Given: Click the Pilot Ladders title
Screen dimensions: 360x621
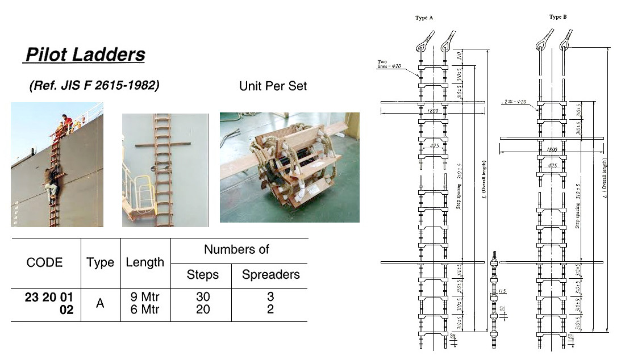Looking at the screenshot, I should [85, 55].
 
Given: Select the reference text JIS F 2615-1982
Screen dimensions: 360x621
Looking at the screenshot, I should [94, 86].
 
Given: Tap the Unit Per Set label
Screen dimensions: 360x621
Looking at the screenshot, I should [273, 86].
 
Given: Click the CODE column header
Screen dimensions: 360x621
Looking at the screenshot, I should [45, 262].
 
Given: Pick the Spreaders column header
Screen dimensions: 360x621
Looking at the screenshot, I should [270, 275].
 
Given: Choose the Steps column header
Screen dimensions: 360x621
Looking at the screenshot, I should [203, 275].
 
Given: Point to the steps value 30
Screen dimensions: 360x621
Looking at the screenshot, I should [203, 297].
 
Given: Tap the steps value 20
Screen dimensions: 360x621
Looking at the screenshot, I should [203, 310].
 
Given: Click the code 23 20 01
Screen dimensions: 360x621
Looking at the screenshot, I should [49, 297].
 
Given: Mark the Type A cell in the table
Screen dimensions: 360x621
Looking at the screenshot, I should [100, 303].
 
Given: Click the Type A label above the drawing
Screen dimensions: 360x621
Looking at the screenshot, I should [424, 18].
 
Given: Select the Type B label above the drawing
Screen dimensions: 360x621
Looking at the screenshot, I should [557, 17].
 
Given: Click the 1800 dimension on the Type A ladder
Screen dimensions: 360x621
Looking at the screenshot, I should [432, 111].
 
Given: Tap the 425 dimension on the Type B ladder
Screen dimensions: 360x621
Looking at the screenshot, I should [552, 166].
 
